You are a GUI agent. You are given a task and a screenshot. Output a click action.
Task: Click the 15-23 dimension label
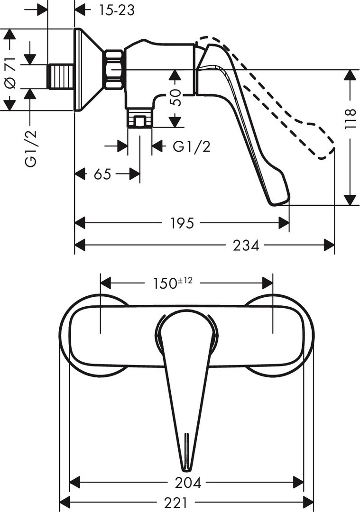tap(117, 10)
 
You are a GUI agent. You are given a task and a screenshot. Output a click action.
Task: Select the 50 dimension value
tap(175, 97)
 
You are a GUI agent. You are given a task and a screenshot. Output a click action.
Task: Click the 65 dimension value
tap(102, 174)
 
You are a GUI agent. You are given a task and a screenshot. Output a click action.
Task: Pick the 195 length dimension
tap(182, 223)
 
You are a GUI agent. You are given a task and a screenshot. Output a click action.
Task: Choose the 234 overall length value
tap(246, 245)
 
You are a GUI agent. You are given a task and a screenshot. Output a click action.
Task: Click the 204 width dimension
tap(188, 482)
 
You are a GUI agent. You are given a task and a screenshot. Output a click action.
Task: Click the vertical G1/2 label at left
tap(31, 148)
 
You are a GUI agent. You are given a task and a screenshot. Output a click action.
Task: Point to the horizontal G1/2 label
tap(192, 146)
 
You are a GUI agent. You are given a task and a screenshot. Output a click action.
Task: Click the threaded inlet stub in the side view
tap(60, 76)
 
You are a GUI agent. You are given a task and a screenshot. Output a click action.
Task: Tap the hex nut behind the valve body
tap(114, 70)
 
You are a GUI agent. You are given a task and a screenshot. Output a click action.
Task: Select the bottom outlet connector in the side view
tap(139, 118)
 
